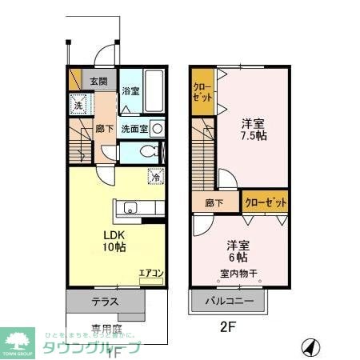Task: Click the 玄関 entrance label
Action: click(98, 81)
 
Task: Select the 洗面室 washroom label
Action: click(133, 128)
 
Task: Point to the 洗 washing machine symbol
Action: click(78, 104)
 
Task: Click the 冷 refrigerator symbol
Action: click(156, 178)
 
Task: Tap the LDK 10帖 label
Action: click(113, 241)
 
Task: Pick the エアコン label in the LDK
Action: click(151, 274)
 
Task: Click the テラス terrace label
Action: click(105, 302)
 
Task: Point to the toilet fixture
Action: click(146, 152)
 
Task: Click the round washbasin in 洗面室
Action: click(158, 128)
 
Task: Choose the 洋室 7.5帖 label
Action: click(254, 131)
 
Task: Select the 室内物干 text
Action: click(237, 274)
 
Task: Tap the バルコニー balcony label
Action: click(230, 302)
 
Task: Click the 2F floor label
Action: click(229, 326)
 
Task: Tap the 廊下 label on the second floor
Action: click(214, 203)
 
